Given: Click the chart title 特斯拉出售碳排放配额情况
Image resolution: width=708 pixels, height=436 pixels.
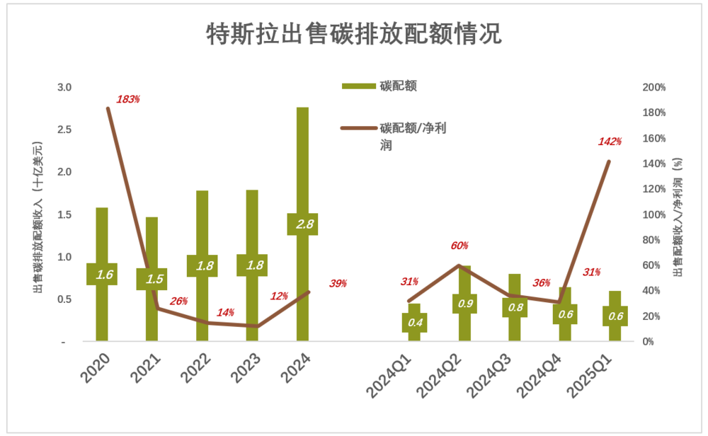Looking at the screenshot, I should pyautogui.click(x=353, y=33).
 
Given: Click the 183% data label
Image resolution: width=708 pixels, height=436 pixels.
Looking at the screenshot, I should pyautogui.click(x=128, y=99).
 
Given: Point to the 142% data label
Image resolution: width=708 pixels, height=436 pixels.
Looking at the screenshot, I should pyautogui.click(x=610, y=142).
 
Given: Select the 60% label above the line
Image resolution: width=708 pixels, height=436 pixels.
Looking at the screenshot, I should pyautogui.click(x=459, y=246).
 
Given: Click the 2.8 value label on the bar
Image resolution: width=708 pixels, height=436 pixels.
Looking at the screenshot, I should pyautogui.click(x=302, y=224).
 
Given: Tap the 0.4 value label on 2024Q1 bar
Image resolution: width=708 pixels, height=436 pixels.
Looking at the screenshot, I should pyautogui.click(x=414, y=323).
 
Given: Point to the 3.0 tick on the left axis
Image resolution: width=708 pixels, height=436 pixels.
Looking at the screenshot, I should pyautogui.click(x=65, y=88).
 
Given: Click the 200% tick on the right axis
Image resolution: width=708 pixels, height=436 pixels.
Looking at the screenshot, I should pyautogui.click(x=654, y=88).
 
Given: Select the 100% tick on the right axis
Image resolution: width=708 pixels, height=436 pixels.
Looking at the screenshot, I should pyautogui.click(x=654, y=214).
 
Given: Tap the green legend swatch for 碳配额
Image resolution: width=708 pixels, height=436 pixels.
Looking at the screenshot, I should pyautogui.click(x=358, y=86).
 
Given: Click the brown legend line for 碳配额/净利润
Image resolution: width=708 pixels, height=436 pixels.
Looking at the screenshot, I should pyautogui.click(x=358, y=128).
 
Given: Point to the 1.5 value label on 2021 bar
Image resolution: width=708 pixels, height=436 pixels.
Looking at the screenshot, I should pyautogui.click(x=152, y=279).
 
